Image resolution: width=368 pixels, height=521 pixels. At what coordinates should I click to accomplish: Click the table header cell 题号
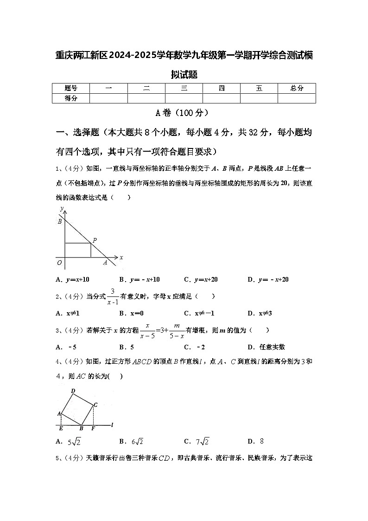point(71,88)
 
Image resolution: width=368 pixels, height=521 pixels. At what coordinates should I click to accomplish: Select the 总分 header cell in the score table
point(297,88)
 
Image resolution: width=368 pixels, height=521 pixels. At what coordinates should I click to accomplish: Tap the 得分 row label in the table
point(71,98)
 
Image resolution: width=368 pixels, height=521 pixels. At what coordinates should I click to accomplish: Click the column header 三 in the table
point(184,88)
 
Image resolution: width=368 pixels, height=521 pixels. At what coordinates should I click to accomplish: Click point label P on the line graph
point(95,240)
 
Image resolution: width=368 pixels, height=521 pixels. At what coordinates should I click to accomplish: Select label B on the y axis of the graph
point(60,222)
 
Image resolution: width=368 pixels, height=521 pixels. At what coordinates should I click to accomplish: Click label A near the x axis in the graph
point(105,263)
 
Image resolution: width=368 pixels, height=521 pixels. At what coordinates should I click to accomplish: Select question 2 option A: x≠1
point(68,313)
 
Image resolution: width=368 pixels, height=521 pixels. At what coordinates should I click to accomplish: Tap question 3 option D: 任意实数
point(266,347)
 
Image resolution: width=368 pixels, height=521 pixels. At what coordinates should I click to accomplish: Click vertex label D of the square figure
point(73,391)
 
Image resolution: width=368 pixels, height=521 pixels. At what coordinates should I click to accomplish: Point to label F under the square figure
point(93,429)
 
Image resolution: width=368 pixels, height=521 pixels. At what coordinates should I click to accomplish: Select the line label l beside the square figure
point(113,424)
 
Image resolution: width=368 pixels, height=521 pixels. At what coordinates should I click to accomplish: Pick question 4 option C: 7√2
point(197,441)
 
